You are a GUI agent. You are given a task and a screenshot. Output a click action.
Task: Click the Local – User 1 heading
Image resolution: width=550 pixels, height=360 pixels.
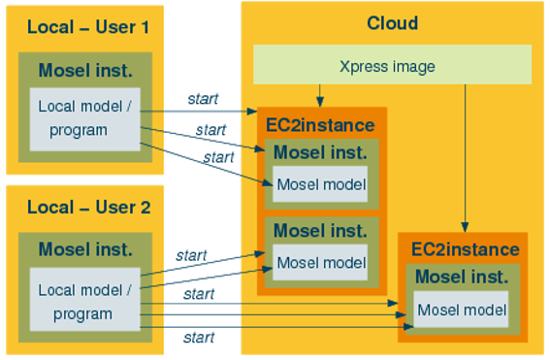pos(88,26)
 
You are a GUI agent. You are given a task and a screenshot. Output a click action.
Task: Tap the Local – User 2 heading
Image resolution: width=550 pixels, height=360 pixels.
pos(88,207)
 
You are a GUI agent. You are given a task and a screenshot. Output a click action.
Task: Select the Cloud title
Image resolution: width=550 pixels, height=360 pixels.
pos(392,22)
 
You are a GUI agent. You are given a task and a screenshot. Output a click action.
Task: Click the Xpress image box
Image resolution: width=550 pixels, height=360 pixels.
pos(392,66)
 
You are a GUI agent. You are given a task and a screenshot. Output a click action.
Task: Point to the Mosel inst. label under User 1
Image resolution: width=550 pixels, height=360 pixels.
pos(85,71)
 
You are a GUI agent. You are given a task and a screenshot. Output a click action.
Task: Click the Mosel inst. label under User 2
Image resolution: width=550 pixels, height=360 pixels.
pos(85,249)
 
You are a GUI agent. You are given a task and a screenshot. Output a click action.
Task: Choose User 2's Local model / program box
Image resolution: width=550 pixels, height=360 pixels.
pos(84,301)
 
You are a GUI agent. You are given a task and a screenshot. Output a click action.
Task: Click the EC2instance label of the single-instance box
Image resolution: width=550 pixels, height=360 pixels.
pos(463,249)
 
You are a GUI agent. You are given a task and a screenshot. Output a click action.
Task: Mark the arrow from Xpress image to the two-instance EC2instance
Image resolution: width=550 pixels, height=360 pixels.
pos(319,94)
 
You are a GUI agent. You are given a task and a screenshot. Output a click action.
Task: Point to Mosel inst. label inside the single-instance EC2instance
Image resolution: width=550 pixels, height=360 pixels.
pos(462,277)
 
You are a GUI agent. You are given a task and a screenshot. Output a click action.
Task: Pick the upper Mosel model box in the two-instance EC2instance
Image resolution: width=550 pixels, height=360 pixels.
pos(320,185)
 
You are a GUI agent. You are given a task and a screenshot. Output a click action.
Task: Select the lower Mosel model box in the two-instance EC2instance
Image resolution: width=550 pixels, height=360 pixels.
pos(320,261)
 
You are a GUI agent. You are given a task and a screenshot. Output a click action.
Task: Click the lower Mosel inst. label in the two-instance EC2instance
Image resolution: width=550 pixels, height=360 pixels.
pos(319,231)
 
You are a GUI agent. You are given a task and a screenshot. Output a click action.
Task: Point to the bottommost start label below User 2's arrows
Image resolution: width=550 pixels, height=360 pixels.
pos(198,338)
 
